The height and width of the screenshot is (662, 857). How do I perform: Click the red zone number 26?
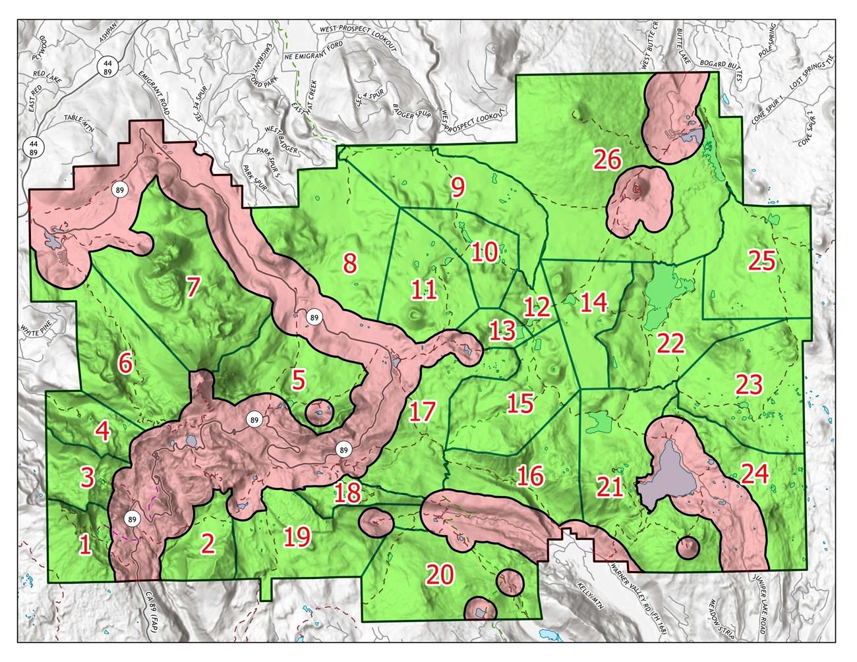(606, 159)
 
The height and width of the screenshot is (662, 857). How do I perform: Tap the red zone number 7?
(192, 288)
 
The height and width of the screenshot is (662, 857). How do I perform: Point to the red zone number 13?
(503, 330)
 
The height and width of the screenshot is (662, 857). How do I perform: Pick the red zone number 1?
(84, 545)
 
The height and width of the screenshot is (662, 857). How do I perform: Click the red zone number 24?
(754, 474)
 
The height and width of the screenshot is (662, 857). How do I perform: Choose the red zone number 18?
(347, 491)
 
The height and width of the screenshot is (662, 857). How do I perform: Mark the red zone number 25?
(762, 262)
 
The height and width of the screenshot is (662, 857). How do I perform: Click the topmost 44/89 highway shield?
(107, 65)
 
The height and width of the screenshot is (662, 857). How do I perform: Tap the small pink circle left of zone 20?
(376, 522)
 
